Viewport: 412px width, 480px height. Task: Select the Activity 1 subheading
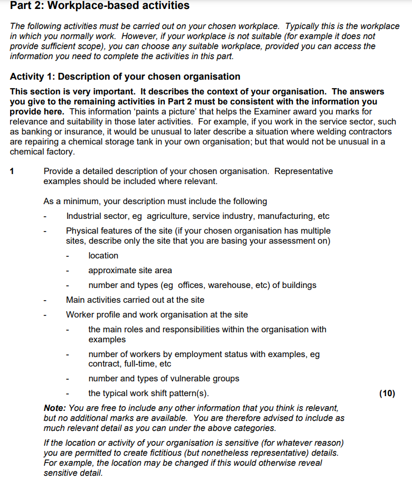click(x=125, y=76)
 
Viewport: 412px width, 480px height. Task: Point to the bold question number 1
click(x=13, y=171)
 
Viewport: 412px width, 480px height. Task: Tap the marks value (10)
click(x=387, y=393)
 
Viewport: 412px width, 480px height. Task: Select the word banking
click(x=39, y=132)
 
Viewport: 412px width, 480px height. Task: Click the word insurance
click(x=79, y=132)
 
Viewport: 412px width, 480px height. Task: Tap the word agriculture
click(x=167, y=216)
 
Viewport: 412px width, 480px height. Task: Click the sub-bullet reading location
click(x=103, y=256)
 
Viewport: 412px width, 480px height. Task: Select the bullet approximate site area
click(x=130, y=271)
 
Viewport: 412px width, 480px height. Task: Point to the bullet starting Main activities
click(x=135, y=300)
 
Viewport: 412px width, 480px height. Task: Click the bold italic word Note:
click(x=55, y=408)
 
